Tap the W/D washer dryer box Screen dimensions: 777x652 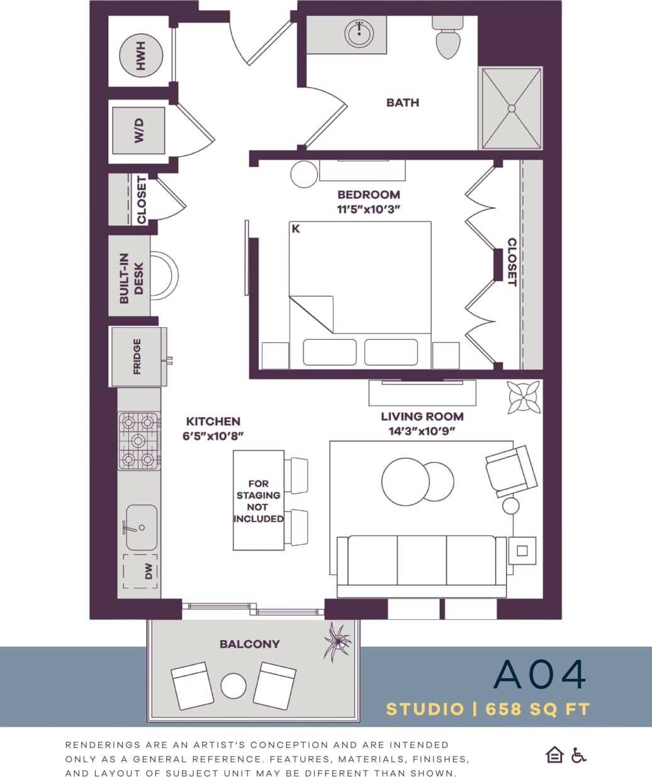[x=138, y=131]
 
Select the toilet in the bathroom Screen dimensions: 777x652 [x=447, y=39]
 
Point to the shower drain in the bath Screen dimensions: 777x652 [x=512, y=108]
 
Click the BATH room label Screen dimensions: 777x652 [x=403, y=103]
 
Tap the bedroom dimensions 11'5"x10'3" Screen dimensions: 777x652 [x=369, y=210]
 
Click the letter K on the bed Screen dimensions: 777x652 [x=296, y=229]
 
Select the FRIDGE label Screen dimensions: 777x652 [x=137, y=356]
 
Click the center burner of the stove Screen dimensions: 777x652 [x=140, y=440]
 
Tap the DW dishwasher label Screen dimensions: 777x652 [x=149, y=571]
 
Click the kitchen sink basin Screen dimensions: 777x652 [x=142, y=527]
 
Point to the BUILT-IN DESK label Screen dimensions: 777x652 [x=132, y=279]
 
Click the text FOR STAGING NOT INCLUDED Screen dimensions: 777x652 [x=258, y=501]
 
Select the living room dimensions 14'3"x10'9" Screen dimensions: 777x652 [x=422, y=431]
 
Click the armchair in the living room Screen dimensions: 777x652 [x=511, y=471]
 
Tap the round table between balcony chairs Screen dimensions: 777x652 [x=233, y=685]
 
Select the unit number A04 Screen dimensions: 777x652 [x=540, y=674]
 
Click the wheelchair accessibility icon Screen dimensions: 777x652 [x=578, y=755]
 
